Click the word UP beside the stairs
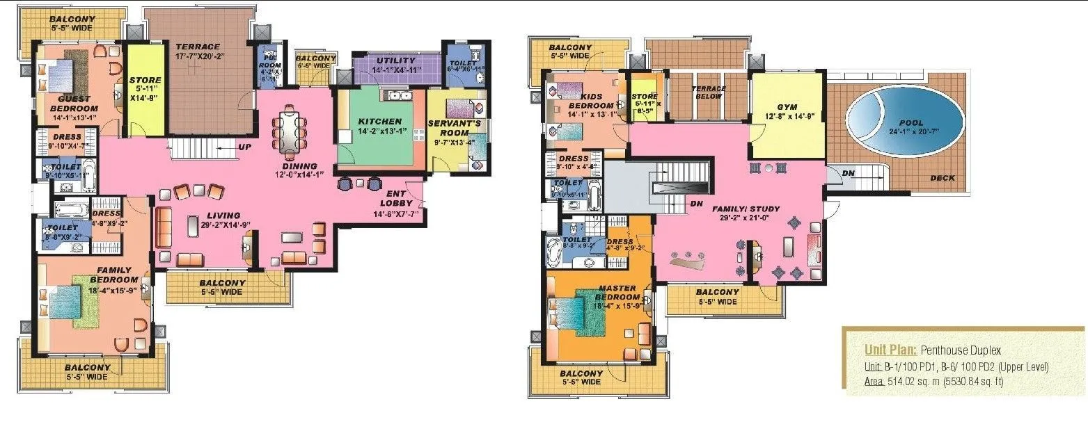[x=245, y=147]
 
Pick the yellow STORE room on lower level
[x=145, y=90]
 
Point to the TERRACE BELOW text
[x=708, y=92]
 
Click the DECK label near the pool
[x=943, y=178]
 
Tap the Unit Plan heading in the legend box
[x=886, y=350]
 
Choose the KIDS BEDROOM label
[x=590, y=101]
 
